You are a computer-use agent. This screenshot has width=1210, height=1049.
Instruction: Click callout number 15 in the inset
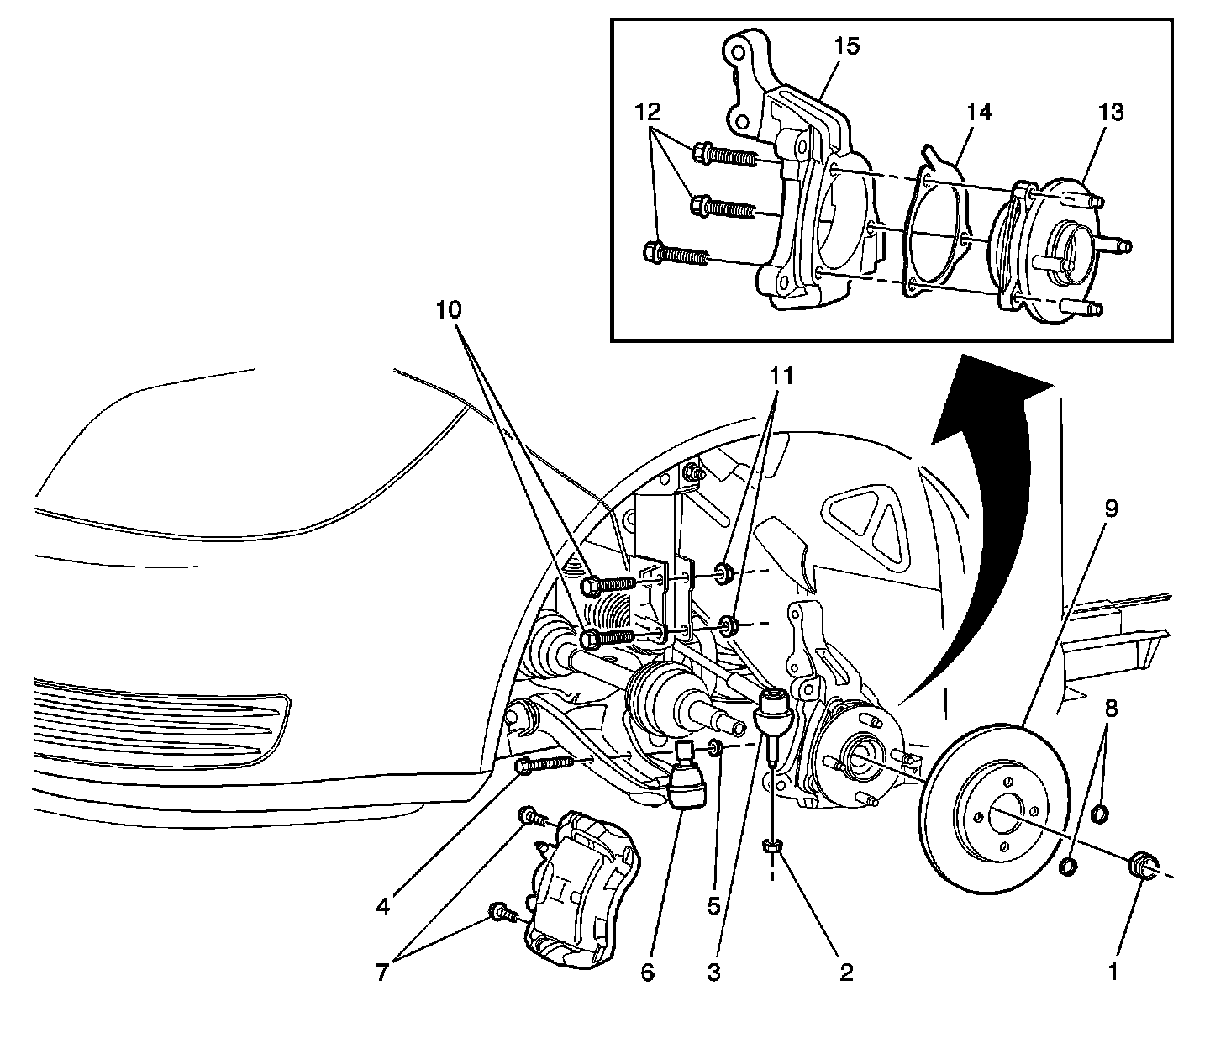point(847,46)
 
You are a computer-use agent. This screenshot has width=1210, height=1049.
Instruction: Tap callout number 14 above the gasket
point(979,112)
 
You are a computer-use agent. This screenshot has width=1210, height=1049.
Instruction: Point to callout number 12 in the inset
point(648,112)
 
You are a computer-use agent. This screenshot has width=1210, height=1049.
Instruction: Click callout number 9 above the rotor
point(1112,509)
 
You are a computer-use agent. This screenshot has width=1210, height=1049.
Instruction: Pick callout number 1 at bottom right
point(1113,973)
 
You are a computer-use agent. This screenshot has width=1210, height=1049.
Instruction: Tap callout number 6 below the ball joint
point(647,973)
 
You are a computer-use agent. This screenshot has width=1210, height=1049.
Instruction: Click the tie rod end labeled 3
point(773,710)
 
